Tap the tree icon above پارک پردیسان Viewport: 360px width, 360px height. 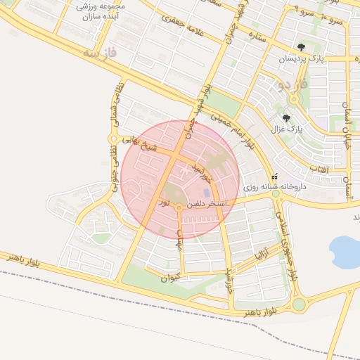302,48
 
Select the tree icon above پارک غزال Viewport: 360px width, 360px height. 286,118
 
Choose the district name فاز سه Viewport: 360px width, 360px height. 98,52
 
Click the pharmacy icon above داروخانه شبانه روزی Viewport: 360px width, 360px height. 274,176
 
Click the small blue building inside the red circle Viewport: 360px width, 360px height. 206,192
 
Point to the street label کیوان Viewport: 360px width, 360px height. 169,278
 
